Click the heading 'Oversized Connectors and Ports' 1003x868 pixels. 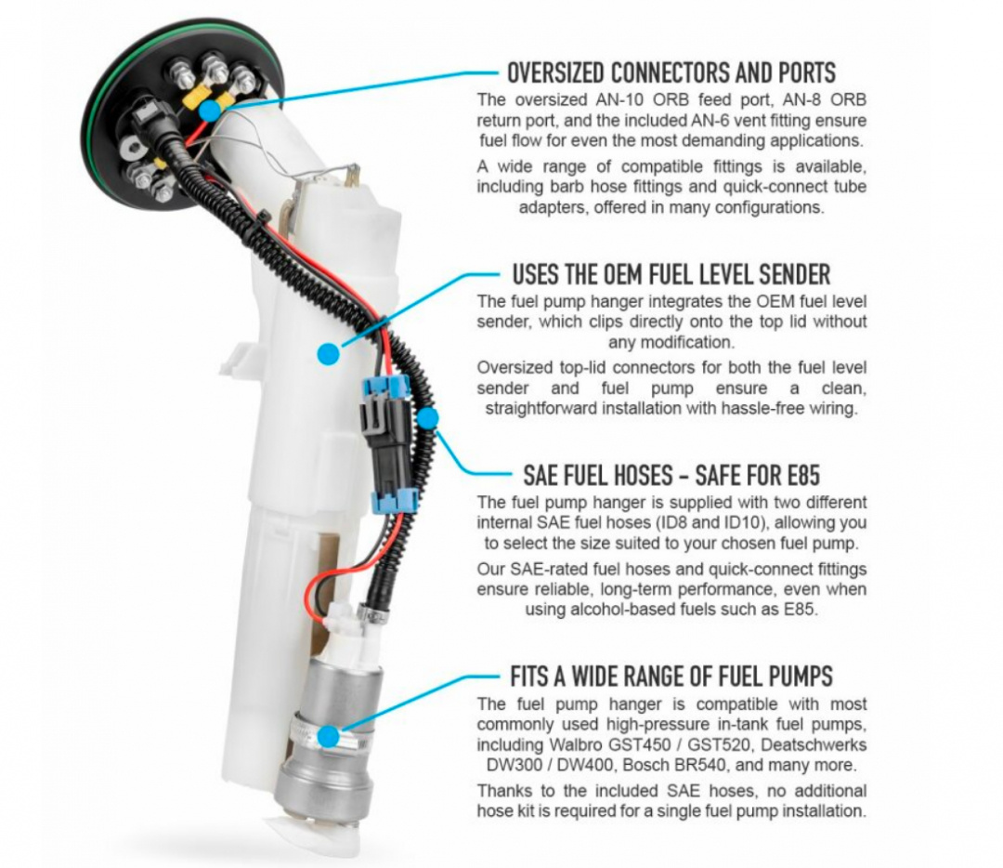pos(671,72)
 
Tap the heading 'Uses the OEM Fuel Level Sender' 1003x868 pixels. pos(671,274)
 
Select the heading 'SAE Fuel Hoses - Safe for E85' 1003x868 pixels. pos(671,475)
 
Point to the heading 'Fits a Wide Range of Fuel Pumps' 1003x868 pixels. pos(671,676)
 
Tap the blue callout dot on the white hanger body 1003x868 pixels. pos(328,354)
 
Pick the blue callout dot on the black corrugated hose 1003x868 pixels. pos(428,418)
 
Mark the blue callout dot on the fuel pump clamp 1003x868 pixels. pos(328,736)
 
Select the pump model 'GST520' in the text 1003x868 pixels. pos(711,745)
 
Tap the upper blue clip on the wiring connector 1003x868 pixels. pos(385,387)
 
